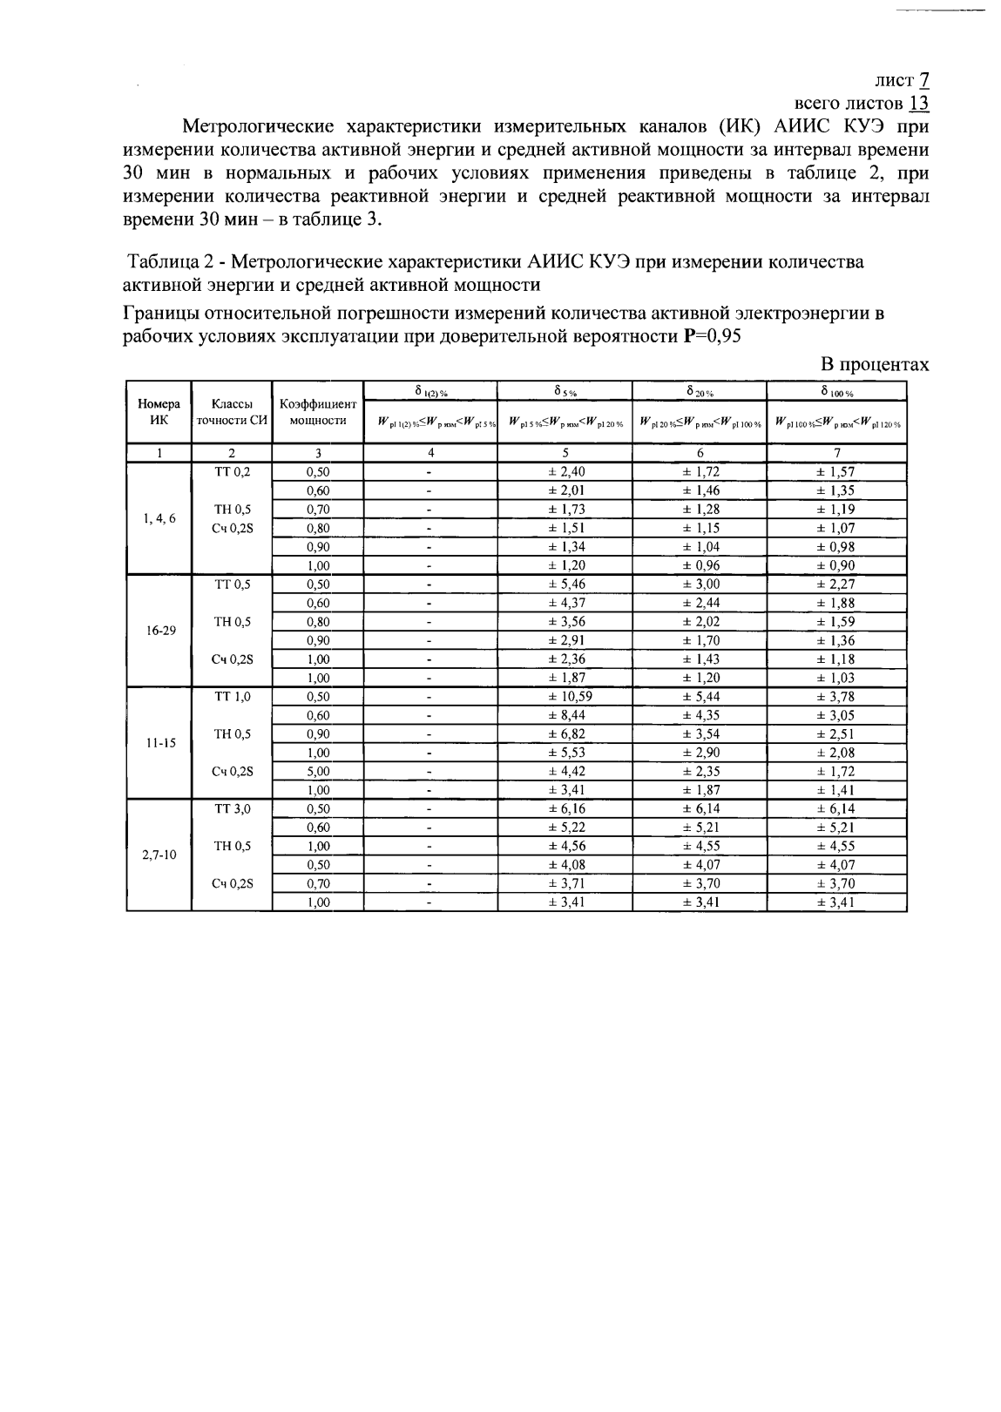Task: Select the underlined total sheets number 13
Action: tap(919, 103)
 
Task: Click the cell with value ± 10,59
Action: tap(565, 697)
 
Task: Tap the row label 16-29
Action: tap(159, 631)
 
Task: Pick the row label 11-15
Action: tap(159, 744)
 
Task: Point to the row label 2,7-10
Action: tap(159, 855)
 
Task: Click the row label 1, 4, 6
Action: tap(159, 518)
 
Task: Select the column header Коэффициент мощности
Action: tap(318, 413)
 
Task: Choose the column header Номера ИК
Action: tap(159, 413)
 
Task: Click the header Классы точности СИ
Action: tap(232, 413)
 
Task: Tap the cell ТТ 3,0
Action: tap(232, 809)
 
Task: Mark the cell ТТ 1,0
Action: tap(232, 697)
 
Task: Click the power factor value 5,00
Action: tap(318, 772)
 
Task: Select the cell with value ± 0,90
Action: tap(835, 565)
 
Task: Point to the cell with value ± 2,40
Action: tap(565, 472)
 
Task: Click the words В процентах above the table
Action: tap(876, 365)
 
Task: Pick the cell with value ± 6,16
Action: tap(565, 809)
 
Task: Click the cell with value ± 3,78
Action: tap(835, 697)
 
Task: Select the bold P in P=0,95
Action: tap(691, 337)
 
